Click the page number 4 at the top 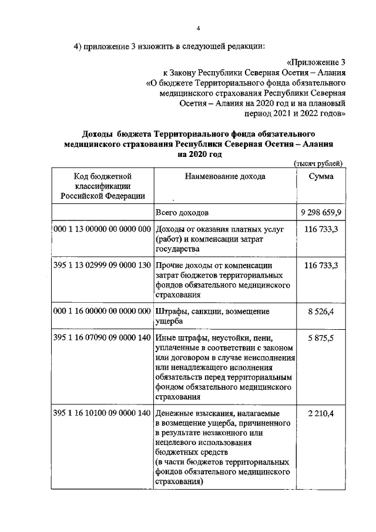coord(199,28)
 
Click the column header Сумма coord(321,176)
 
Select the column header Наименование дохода coord(225,176)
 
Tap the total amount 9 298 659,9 coord(321,211)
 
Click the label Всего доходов coord(182,212)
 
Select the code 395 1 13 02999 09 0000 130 coord(102,266)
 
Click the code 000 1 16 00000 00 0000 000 coord(102,312)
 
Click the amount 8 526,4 coord(321,312)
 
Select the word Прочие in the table coord(170,266)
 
